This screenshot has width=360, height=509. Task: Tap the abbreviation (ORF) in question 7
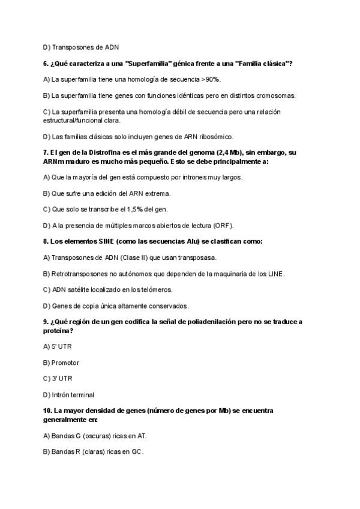tap(221, 226)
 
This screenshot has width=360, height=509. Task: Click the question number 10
tap(48, 411)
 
